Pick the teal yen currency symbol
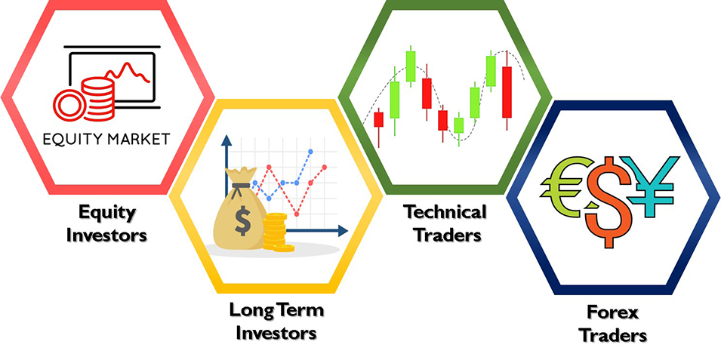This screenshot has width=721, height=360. [653, 186]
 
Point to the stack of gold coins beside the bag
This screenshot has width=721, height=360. [276, 232]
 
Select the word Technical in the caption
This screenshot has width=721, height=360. [445, 212]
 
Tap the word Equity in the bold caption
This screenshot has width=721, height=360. [107, 213]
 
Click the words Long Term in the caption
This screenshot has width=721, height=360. [276, 310]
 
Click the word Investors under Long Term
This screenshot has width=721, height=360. [276, 333]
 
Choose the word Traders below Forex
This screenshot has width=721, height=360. [613, 335]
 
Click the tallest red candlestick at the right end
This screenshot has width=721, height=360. [507, 91]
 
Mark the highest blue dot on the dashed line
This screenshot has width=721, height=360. [311, 151]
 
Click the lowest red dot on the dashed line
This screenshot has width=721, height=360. [297, 214]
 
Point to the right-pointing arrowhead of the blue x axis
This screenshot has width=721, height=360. [343, 231]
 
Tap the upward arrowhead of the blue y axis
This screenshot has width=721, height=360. [226, 140]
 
